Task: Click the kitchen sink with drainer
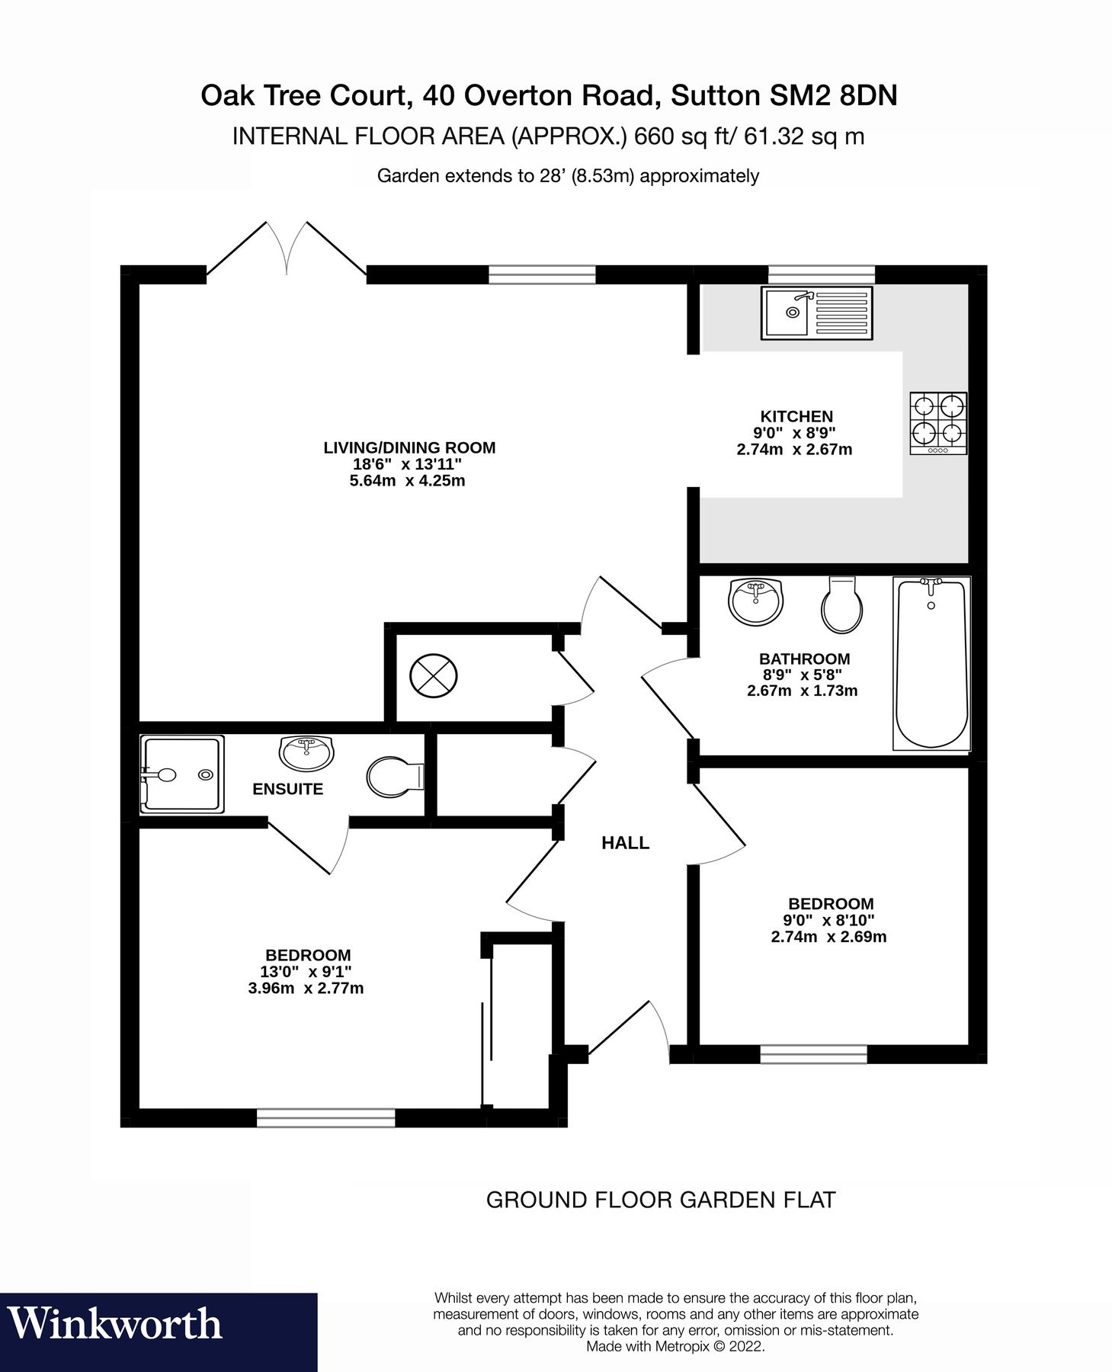tap(816, 313)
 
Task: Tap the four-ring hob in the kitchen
tap(937, 423)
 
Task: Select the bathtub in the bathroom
tap(931, 663)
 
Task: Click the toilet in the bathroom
tap(842, 605)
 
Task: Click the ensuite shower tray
tap(182, 774)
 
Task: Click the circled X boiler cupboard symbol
tap(434, 675)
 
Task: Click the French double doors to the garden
tap(287, 250)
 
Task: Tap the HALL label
tap(625, 842)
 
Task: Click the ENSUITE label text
tap(287, 789)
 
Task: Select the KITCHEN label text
tap(796, 416)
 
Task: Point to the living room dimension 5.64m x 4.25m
tap(407, 481)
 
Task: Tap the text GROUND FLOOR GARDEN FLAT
tap(660, 1199)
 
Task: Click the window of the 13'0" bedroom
tap(325, 1117)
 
